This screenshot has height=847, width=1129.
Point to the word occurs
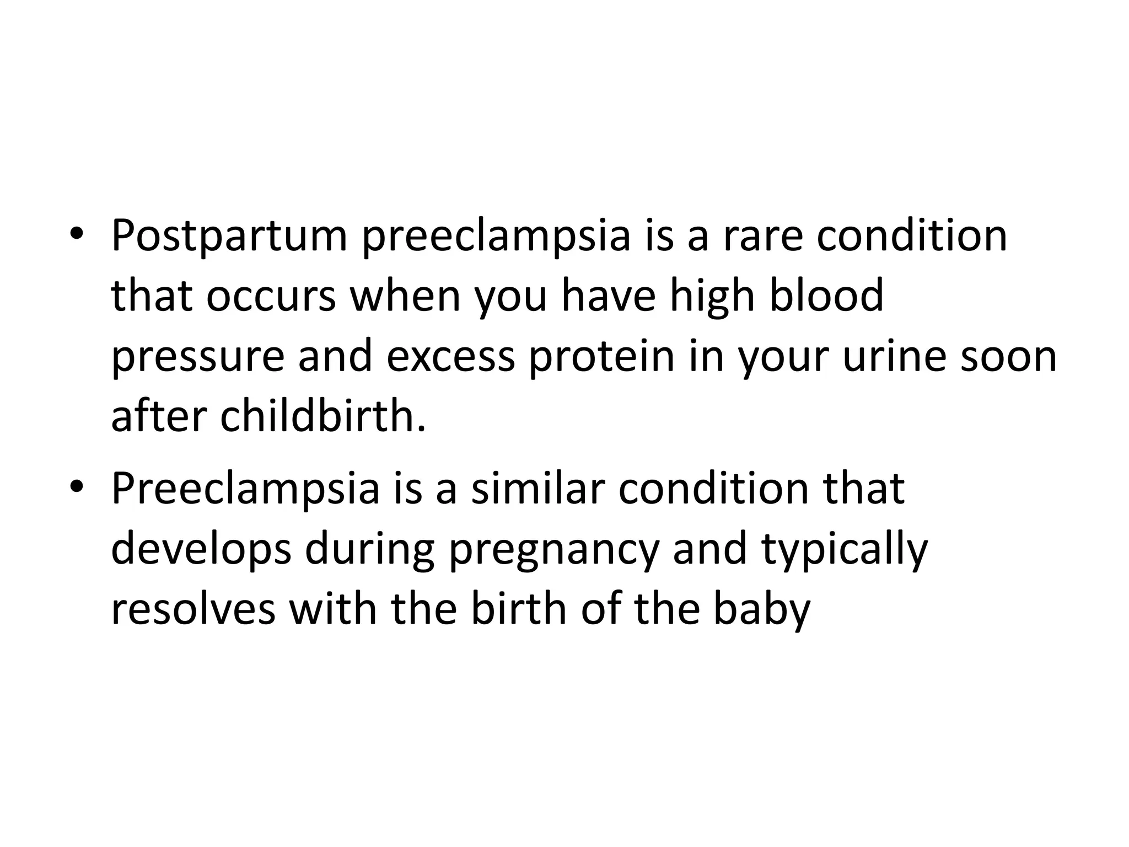coord(271,296)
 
